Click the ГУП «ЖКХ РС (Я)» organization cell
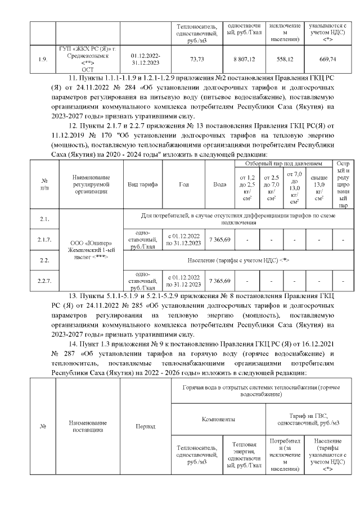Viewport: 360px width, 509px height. (87, 58)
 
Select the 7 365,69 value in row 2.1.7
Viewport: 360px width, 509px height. (220, 240)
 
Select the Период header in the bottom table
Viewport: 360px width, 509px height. (146, 426)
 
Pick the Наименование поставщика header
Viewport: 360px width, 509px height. (87, 426)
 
